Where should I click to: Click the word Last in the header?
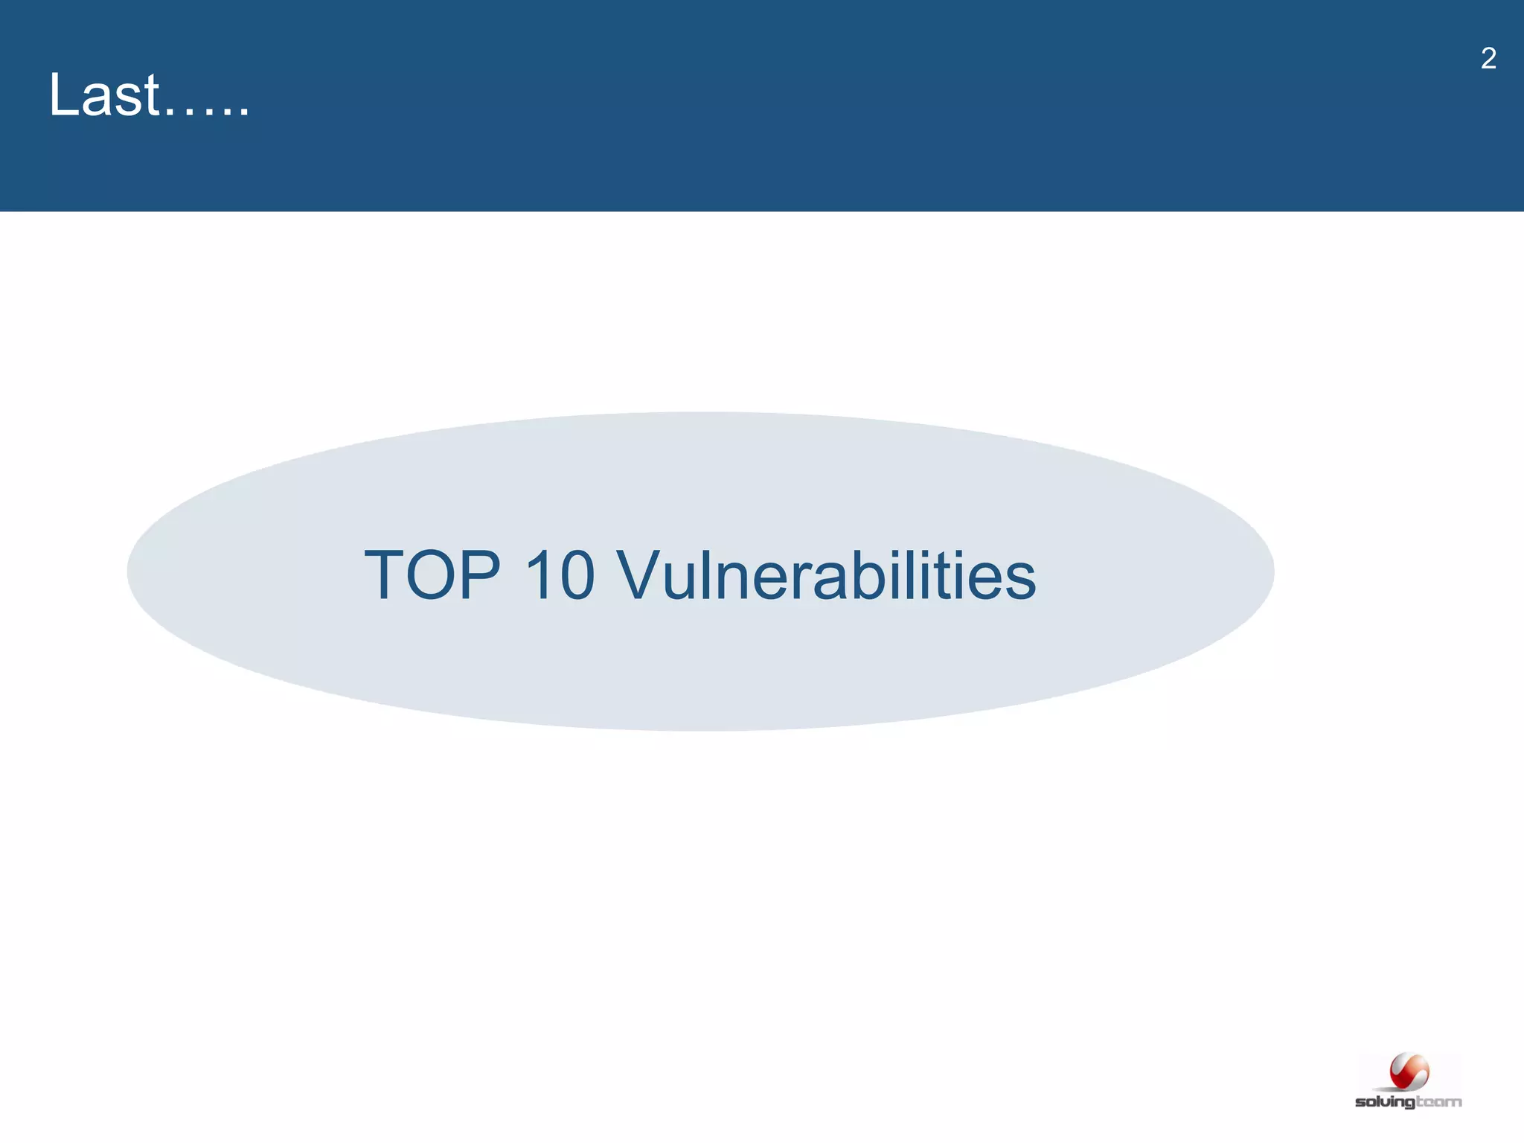click(104, 95)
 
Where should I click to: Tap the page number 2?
click(1488, 59)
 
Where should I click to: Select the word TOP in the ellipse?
click(432, 575)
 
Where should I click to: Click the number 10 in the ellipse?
click(559, 575)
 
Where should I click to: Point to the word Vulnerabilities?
click(826, 575)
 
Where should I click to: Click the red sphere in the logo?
click(1409, 1072)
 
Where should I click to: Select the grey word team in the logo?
click(1439, 1101)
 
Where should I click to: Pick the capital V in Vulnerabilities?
click(643, 575)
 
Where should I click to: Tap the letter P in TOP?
click(479, 575)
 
